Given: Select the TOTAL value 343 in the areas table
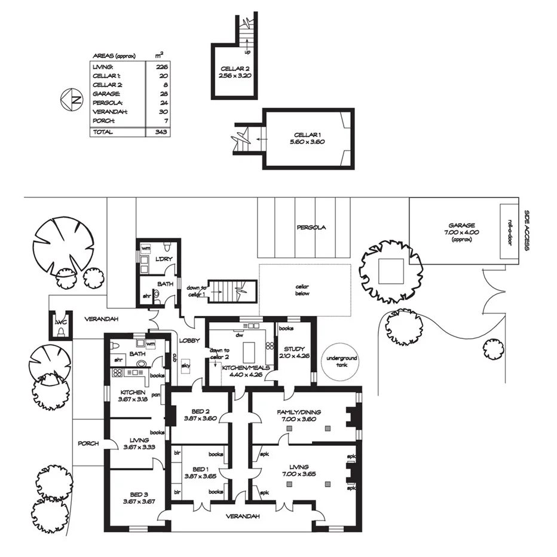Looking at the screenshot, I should (x=158, y=132).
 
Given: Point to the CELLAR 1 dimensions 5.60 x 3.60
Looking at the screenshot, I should (x=308, y=142).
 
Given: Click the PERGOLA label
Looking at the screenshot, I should (x=311, y=228).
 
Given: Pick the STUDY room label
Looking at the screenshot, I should (x=295, y=349).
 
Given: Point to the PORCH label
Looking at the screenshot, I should (x=88, y=444).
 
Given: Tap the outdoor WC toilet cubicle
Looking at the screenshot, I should (x=60, y=325).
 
